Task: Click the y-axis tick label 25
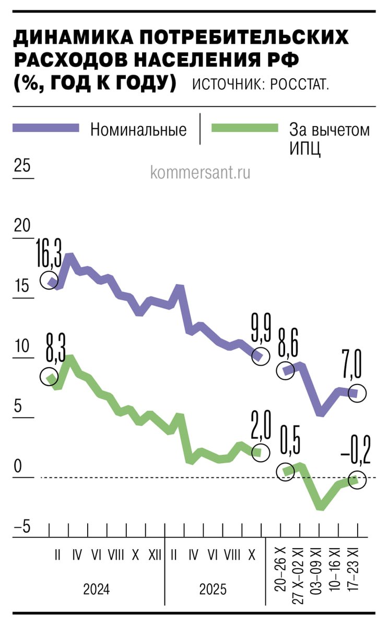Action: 22,166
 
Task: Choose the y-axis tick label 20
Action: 22,226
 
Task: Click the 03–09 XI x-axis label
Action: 315,574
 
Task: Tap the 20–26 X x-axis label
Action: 281,574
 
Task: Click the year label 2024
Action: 97,590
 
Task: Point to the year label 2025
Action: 213,590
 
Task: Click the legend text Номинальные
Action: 138,129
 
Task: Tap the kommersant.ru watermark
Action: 200,172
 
